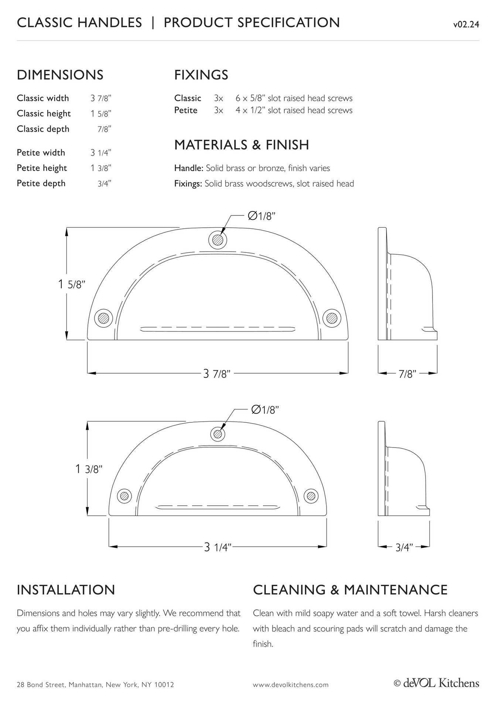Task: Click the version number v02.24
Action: pyautogui.click(x=466, y=25)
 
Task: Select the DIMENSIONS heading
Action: pyautogui.click(x=60, y=75)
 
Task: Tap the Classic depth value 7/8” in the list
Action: pyautogui.click(x=105, y=129)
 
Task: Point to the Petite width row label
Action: pyautogui.click(x=41, y=153)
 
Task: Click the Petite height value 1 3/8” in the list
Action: pyautogui.click(x=101, y=168)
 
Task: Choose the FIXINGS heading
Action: pyautogui.click(x=201, y=75)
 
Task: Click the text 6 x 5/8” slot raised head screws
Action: pyautogui.click(x=294, y=98)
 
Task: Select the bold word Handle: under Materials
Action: pyautogui.click(x=189, y=168)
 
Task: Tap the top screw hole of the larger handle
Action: pyautogui.click(x=218, y=240)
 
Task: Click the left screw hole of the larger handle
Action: pyautogui.click(x=103, y=318)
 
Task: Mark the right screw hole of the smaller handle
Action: pyautogui.click(x=311, y=496)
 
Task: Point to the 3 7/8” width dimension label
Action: pyautogui.click(x=217, y=374)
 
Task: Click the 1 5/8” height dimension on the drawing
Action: pyautogui.click(x=72, y=285)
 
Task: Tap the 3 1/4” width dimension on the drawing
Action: pyautogui.click(x=218, y=547)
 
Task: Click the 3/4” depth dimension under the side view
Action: pyautogui.click(x=404, y=547)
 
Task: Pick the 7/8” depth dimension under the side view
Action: pyautogui.click(x=407, y=374)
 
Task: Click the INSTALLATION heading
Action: pyautogui.click(x=66, y=590)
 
